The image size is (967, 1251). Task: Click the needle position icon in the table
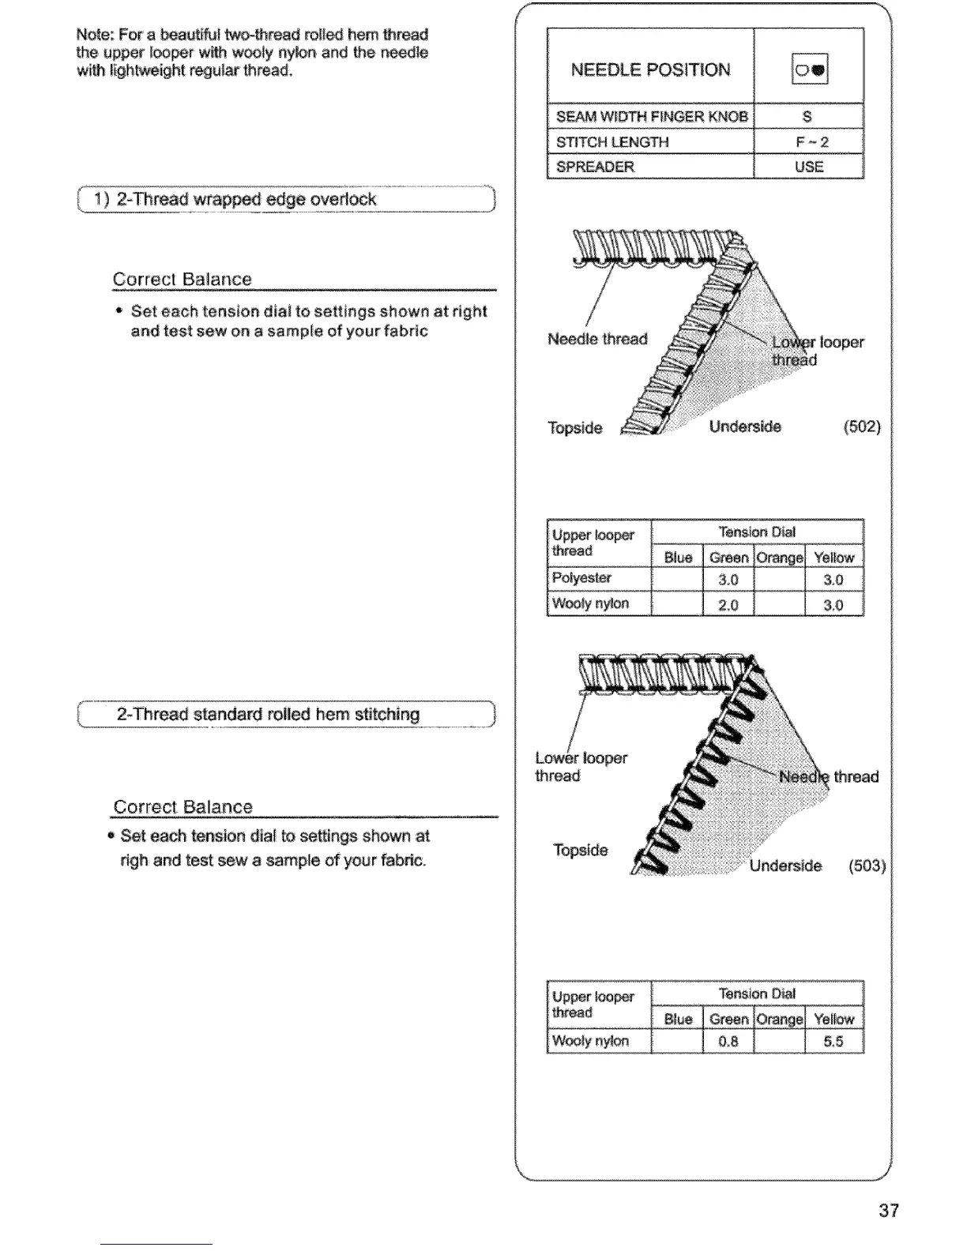click(809, 69)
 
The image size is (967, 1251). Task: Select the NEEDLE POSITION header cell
click(650, 69)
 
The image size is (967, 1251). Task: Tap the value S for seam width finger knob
click(807, 117)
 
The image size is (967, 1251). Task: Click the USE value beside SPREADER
click(809, 167)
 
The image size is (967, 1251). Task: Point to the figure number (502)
click(861, 427)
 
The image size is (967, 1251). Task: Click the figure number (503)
click(867, 866)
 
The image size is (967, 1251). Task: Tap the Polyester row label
click(581, 578)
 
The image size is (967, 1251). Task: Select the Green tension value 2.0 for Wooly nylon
click(728, 605)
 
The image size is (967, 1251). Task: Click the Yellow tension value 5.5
click(833, 1042)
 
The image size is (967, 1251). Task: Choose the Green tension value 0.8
click(728, 1042)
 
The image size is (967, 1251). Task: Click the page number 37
click(889, 1210)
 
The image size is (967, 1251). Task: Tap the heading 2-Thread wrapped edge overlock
click(246, 199)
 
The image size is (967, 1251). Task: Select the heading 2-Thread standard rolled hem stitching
click(268, 714)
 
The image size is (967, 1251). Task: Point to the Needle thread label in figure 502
click(597, 339)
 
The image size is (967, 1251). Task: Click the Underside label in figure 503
click(785, 866)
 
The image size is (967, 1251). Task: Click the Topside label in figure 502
click(575, 428)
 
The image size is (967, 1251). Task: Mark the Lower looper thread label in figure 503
click(581, 766)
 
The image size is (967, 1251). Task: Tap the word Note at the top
click(93, 35)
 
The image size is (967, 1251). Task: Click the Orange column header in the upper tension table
click(779, 558)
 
